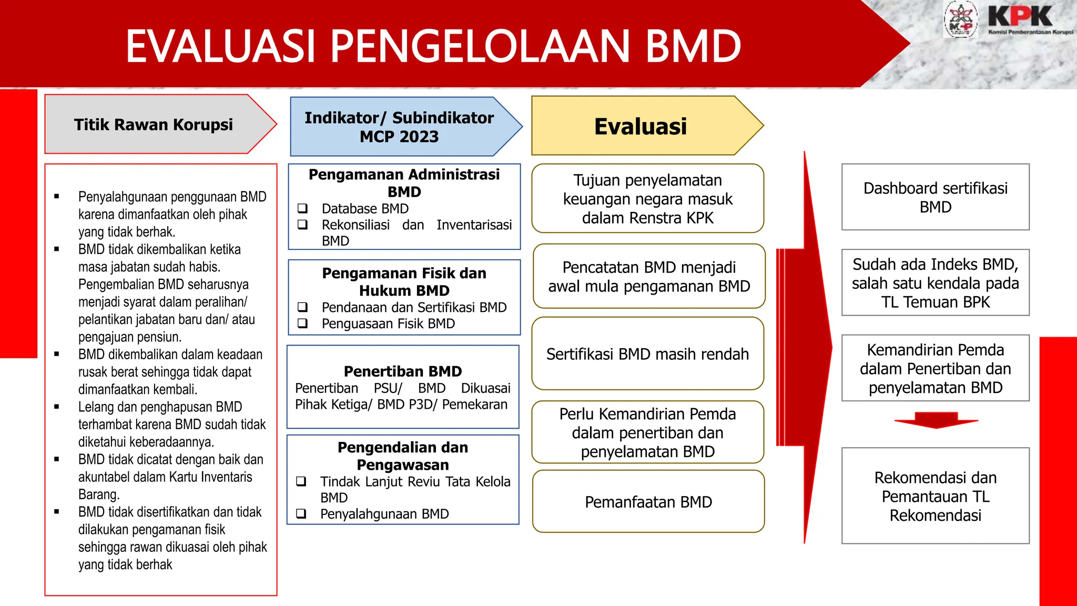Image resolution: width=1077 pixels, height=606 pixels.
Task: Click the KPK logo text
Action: point(1020,17)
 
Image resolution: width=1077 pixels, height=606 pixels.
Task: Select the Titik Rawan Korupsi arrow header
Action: point(153,125)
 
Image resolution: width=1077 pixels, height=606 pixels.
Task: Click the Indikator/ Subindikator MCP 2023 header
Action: point(399,127)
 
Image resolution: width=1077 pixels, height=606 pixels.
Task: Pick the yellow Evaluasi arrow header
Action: point(640,126)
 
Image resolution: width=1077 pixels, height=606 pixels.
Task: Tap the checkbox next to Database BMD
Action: point(302,208)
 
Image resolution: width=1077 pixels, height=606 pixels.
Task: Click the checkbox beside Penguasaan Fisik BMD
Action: point(302,324)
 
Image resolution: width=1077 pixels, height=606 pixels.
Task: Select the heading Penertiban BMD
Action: point(402,371)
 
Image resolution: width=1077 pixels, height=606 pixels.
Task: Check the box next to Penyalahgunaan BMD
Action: point(301,513)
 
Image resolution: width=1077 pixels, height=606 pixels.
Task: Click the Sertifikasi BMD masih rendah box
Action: point(647,354)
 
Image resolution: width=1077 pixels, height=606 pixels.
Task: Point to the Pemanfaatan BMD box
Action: point(648,502)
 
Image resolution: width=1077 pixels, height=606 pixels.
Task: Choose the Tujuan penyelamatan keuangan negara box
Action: point(647,199)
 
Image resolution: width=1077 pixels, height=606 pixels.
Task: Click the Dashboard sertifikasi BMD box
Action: point(935,197)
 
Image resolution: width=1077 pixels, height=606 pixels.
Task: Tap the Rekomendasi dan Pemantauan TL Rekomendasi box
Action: point(935,496)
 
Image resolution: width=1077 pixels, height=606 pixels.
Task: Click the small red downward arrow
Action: point(936,420)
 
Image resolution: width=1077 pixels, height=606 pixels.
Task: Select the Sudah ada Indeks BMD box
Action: point(935,283)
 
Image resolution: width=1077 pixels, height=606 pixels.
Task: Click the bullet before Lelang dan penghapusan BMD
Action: point(56,407)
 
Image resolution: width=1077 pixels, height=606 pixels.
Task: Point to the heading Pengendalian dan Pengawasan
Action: point(402,456)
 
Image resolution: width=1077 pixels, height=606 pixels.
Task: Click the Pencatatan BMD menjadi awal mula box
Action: point(648,277)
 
